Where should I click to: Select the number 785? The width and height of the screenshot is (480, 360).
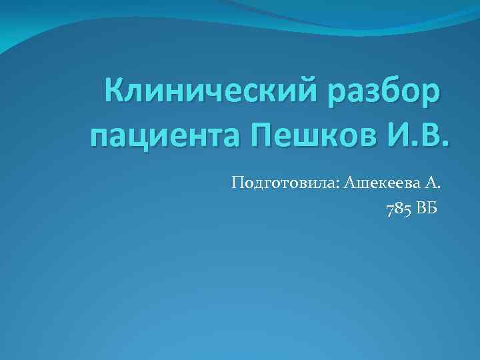pos(398,210)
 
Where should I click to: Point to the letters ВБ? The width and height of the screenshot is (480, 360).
pos(426,210)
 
